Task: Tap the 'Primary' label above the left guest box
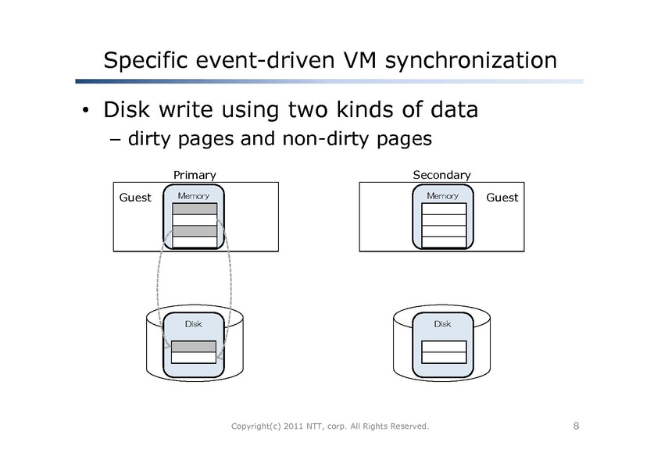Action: [195, 175]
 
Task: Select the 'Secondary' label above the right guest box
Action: [441, 175]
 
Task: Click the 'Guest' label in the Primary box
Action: [135, 198]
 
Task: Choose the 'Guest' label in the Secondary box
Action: [502, 198]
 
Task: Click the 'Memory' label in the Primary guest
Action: [194, 196]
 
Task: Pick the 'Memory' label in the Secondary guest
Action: [442, 196]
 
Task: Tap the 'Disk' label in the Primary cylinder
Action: [193, 323]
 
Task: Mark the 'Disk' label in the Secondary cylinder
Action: [442, 323]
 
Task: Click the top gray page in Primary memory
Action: [194, 209]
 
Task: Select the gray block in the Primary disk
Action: [193, 347]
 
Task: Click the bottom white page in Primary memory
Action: [194, 242]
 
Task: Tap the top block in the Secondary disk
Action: [443, 347]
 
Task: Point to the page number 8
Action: [576, 426]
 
